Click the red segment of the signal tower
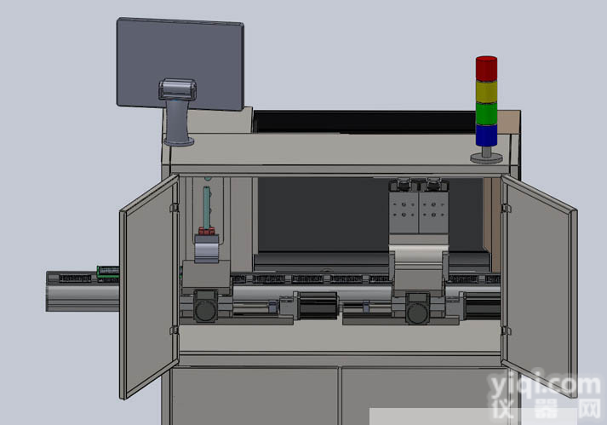486,69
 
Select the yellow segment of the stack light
486,92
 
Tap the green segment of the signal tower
486,113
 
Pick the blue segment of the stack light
486,135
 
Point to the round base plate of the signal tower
486,158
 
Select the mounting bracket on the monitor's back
177,89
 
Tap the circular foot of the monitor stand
179,141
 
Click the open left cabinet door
150,287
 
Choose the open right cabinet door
539,286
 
